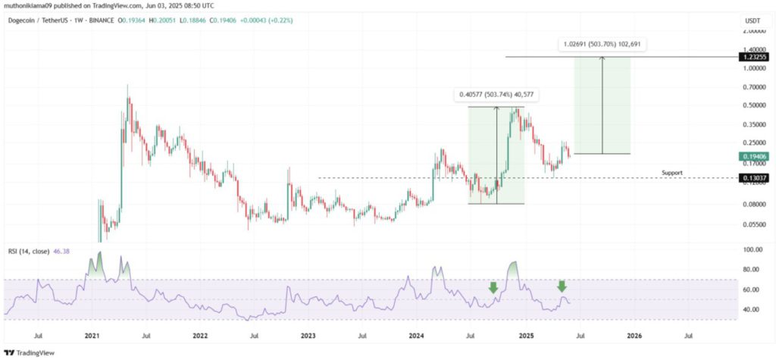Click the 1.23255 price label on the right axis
point(756,57)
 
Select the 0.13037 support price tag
point(756,178)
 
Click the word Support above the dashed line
point(671,173)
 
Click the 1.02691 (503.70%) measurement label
point(604,45)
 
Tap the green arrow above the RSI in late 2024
point(493,287)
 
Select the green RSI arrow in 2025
point(562,286)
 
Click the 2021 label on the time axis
point(92,334)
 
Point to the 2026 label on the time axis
point(634,334)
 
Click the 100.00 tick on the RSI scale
point(752,249)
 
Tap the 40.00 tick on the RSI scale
point(752,309)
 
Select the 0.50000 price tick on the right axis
point(753,105)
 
